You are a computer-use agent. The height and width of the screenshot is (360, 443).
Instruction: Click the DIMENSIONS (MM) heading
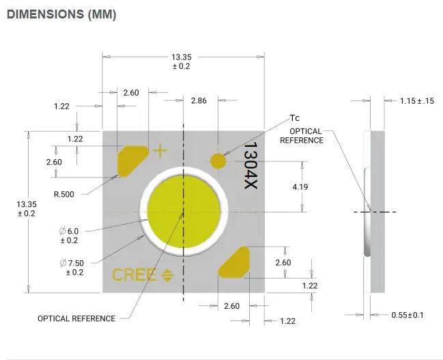(x=61, y=14)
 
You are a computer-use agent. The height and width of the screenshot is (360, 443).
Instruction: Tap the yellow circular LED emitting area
(x=184, y=212)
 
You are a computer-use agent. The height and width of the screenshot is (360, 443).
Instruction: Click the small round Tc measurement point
(x=218, y=161)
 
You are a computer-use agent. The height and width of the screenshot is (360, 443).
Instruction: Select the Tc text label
(x=295, y=118)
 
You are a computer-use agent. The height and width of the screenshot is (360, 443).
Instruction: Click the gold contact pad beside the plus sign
(x=132, y=161)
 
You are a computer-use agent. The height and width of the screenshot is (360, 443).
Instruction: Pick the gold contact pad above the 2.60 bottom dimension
(x=234, y=262)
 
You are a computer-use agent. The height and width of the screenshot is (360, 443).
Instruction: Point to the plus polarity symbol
(x=160, y=150)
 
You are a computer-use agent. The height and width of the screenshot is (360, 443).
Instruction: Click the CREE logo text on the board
(x=134, y=275)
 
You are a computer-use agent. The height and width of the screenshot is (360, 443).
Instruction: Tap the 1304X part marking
(x=251, y=165)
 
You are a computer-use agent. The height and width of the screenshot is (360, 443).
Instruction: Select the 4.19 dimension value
(x=300, y=187)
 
